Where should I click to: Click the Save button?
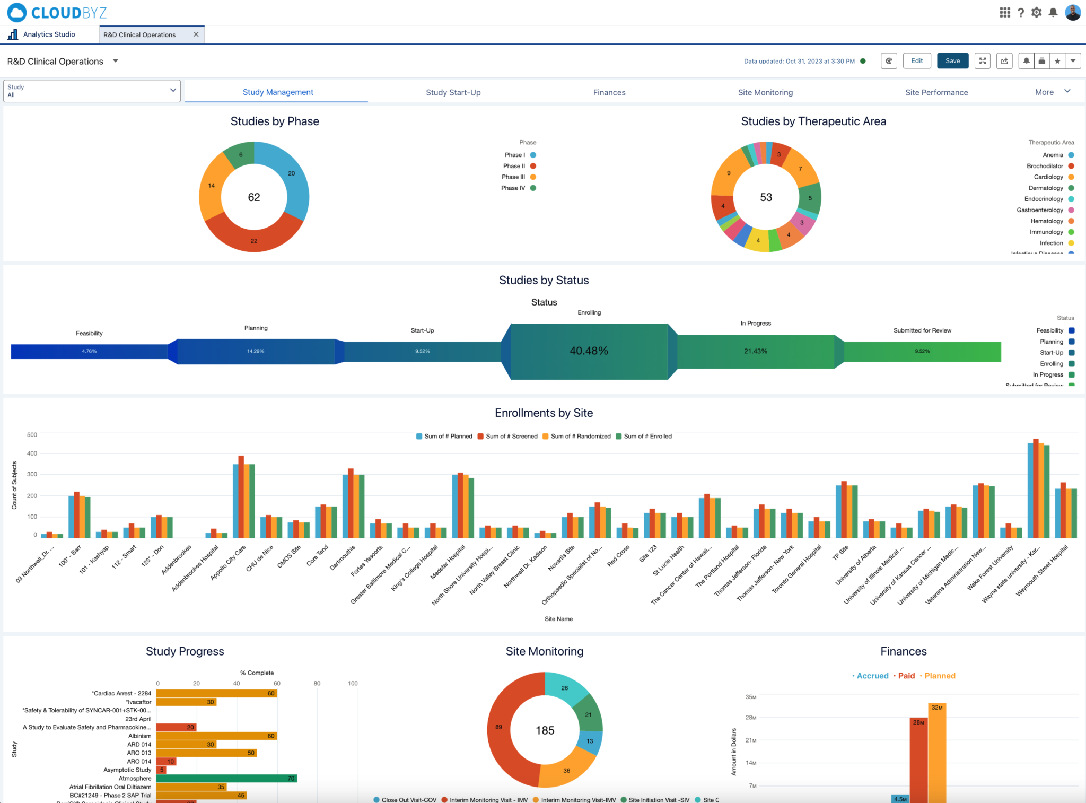coord(952,61)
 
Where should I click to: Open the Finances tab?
coord(609,92)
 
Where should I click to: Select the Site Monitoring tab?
coord(765,92)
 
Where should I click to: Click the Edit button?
coord(916,61)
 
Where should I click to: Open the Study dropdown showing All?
coord(92,91)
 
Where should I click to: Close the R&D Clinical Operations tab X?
coord(196,34)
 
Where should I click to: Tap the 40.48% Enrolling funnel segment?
coord(589,351)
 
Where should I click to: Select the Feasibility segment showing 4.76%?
coord(89,351)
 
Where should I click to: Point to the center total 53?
coord(766,197)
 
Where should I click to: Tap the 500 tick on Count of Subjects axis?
coord(32,435)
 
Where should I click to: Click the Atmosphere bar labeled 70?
coord(226,779)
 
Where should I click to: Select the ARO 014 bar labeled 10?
coord(166,762)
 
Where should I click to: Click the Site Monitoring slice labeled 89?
coord(498,727)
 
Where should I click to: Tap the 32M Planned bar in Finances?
coord(937,753)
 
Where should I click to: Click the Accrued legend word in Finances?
coord(872,676)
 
